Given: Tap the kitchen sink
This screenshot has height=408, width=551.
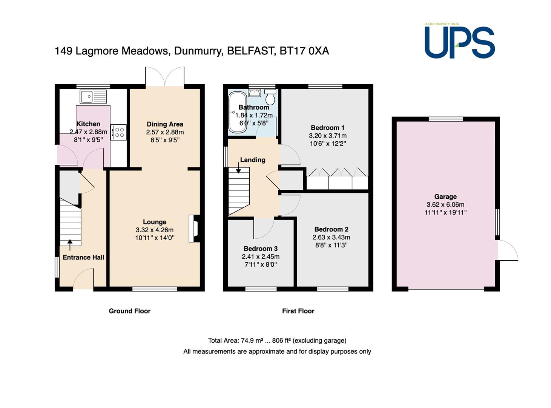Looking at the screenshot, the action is tap(93, 97).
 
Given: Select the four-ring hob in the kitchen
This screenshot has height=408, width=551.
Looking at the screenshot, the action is tap(118, 132).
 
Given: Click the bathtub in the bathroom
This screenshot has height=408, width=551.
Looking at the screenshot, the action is tap(238, 112).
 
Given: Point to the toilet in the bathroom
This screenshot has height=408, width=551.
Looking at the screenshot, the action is tap(270, 97).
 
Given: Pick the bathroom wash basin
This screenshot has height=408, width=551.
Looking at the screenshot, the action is tap(254, 93).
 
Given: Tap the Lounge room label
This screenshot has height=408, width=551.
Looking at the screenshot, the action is tap(155, 222).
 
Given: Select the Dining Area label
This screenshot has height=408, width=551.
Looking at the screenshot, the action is tap(165, 124).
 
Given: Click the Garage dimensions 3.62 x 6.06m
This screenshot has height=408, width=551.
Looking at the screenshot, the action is tap(445, 205).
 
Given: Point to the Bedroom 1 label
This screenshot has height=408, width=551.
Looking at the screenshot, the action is tap(327, 128).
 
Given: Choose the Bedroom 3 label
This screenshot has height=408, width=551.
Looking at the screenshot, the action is tap(261, 249).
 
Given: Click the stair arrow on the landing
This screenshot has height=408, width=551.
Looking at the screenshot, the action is tap(238, 168).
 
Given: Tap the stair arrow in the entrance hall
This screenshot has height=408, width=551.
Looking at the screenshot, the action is tap(70, 245).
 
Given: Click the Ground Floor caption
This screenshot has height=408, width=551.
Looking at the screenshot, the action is tap(129, 311).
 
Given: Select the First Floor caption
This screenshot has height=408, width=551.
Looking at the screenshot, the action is tap(298, 311).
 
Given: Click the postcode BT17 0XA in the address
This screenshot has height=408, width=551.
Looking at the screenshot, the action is tap(304, 51).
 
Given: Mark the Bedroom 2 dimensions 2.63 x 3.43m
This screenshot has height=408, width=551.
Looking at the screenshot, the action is tap(332, 237).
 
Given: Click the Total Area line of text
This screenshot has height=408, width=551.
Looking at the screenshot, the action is tap(277, 340).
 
